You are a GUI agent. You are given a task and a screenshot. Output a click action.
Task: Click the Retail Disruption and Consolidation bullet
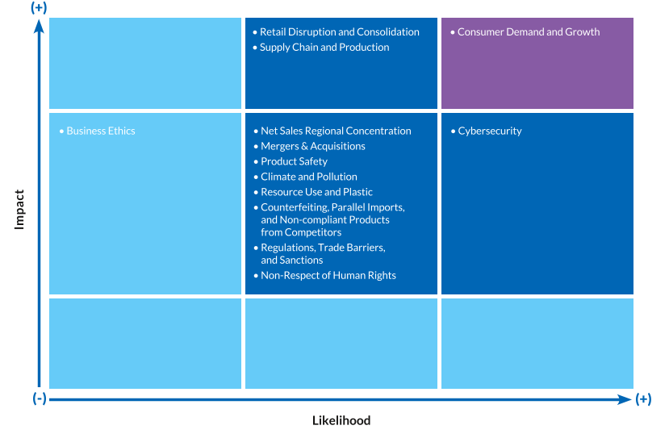point(340,32)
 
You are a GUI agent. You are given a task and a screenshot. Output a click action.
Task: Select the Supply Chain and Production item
point(324,48)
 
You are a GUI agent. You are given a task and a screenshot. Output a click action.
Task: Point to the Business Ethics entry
point(101,131)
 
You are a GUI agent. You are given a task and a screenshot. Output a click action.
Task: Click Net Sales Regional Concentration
point(336,131)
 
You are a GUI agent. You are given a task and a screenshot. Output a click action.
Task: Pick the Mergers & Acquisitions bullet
point(313,147)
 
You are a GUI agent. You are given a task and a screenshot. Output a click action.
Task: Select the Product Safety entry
point(294,162)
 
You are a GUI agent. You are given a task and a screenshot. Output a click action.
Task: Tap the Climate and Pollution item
point(309,177)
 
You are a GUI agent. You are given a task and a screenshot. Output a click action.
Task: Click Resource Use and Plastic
point(316,193)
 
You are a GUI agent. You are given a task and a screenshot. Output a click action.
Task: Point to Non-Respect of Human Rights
point(328,276)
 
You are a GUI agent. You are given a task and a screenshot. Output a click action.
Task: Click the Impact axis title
point(20,209)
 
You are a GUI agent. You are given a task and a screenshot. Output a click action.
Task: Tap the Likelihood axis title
point(341,421)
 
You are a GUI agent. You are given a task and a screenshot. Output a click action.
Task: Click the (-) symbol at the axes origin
point(40,398)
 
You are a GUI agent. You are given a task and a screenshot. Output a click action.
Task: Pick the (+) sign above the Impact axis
point(38,7)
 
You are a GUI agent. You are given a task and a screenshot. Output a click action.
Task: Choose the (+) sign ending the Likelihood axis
point(643,398)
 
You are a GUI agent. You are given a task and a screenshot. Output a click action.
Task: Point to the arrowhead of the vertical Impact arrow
point(39,26)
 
